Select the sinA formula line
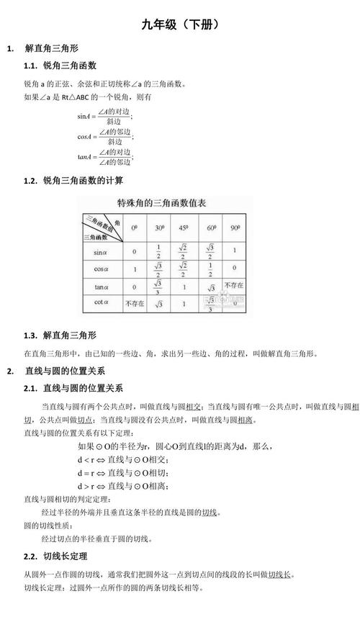[105, 115]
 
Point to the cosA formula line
[105, 136]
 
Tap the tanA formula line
[105, 157]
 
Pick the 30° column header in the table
[159, 227]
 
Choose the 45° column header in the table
[185, 227]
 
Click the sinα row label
[100, 252]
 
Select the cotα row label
[100, 303]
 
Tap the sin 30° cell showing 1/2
[159, 252]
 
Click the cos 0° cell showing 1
[134, 269]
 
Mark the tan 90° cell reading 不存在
[234, 286]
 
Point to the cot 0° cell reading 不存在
[134, 303]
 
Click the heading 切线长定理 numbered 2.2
[66, 556]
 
